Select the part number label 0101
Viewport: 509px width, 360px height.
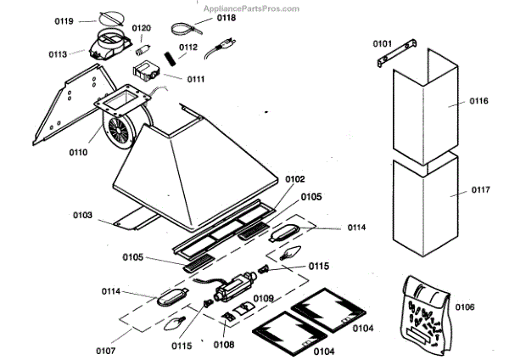[x=383, y=42]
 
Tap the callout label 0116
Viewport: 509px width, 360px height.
[x=479, y=101]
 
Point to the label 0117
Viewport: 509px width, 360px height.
[x=480, y=190]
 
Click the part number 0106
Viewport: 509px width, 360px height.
[x=465, y=307]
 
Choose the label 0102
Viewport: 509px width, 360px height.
[x=294, y=179]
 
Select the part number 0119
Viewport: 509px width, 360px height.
[x=87, y=20]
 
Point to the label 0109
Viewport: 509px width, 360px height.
[x=263, y=298]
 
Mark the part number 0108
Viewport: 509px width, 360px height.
[x=225, y=344]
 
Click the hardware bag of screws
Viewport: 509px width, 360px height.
[x=423, y=311]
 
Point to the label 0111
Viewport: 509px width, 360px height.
[x=196, y=78]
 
